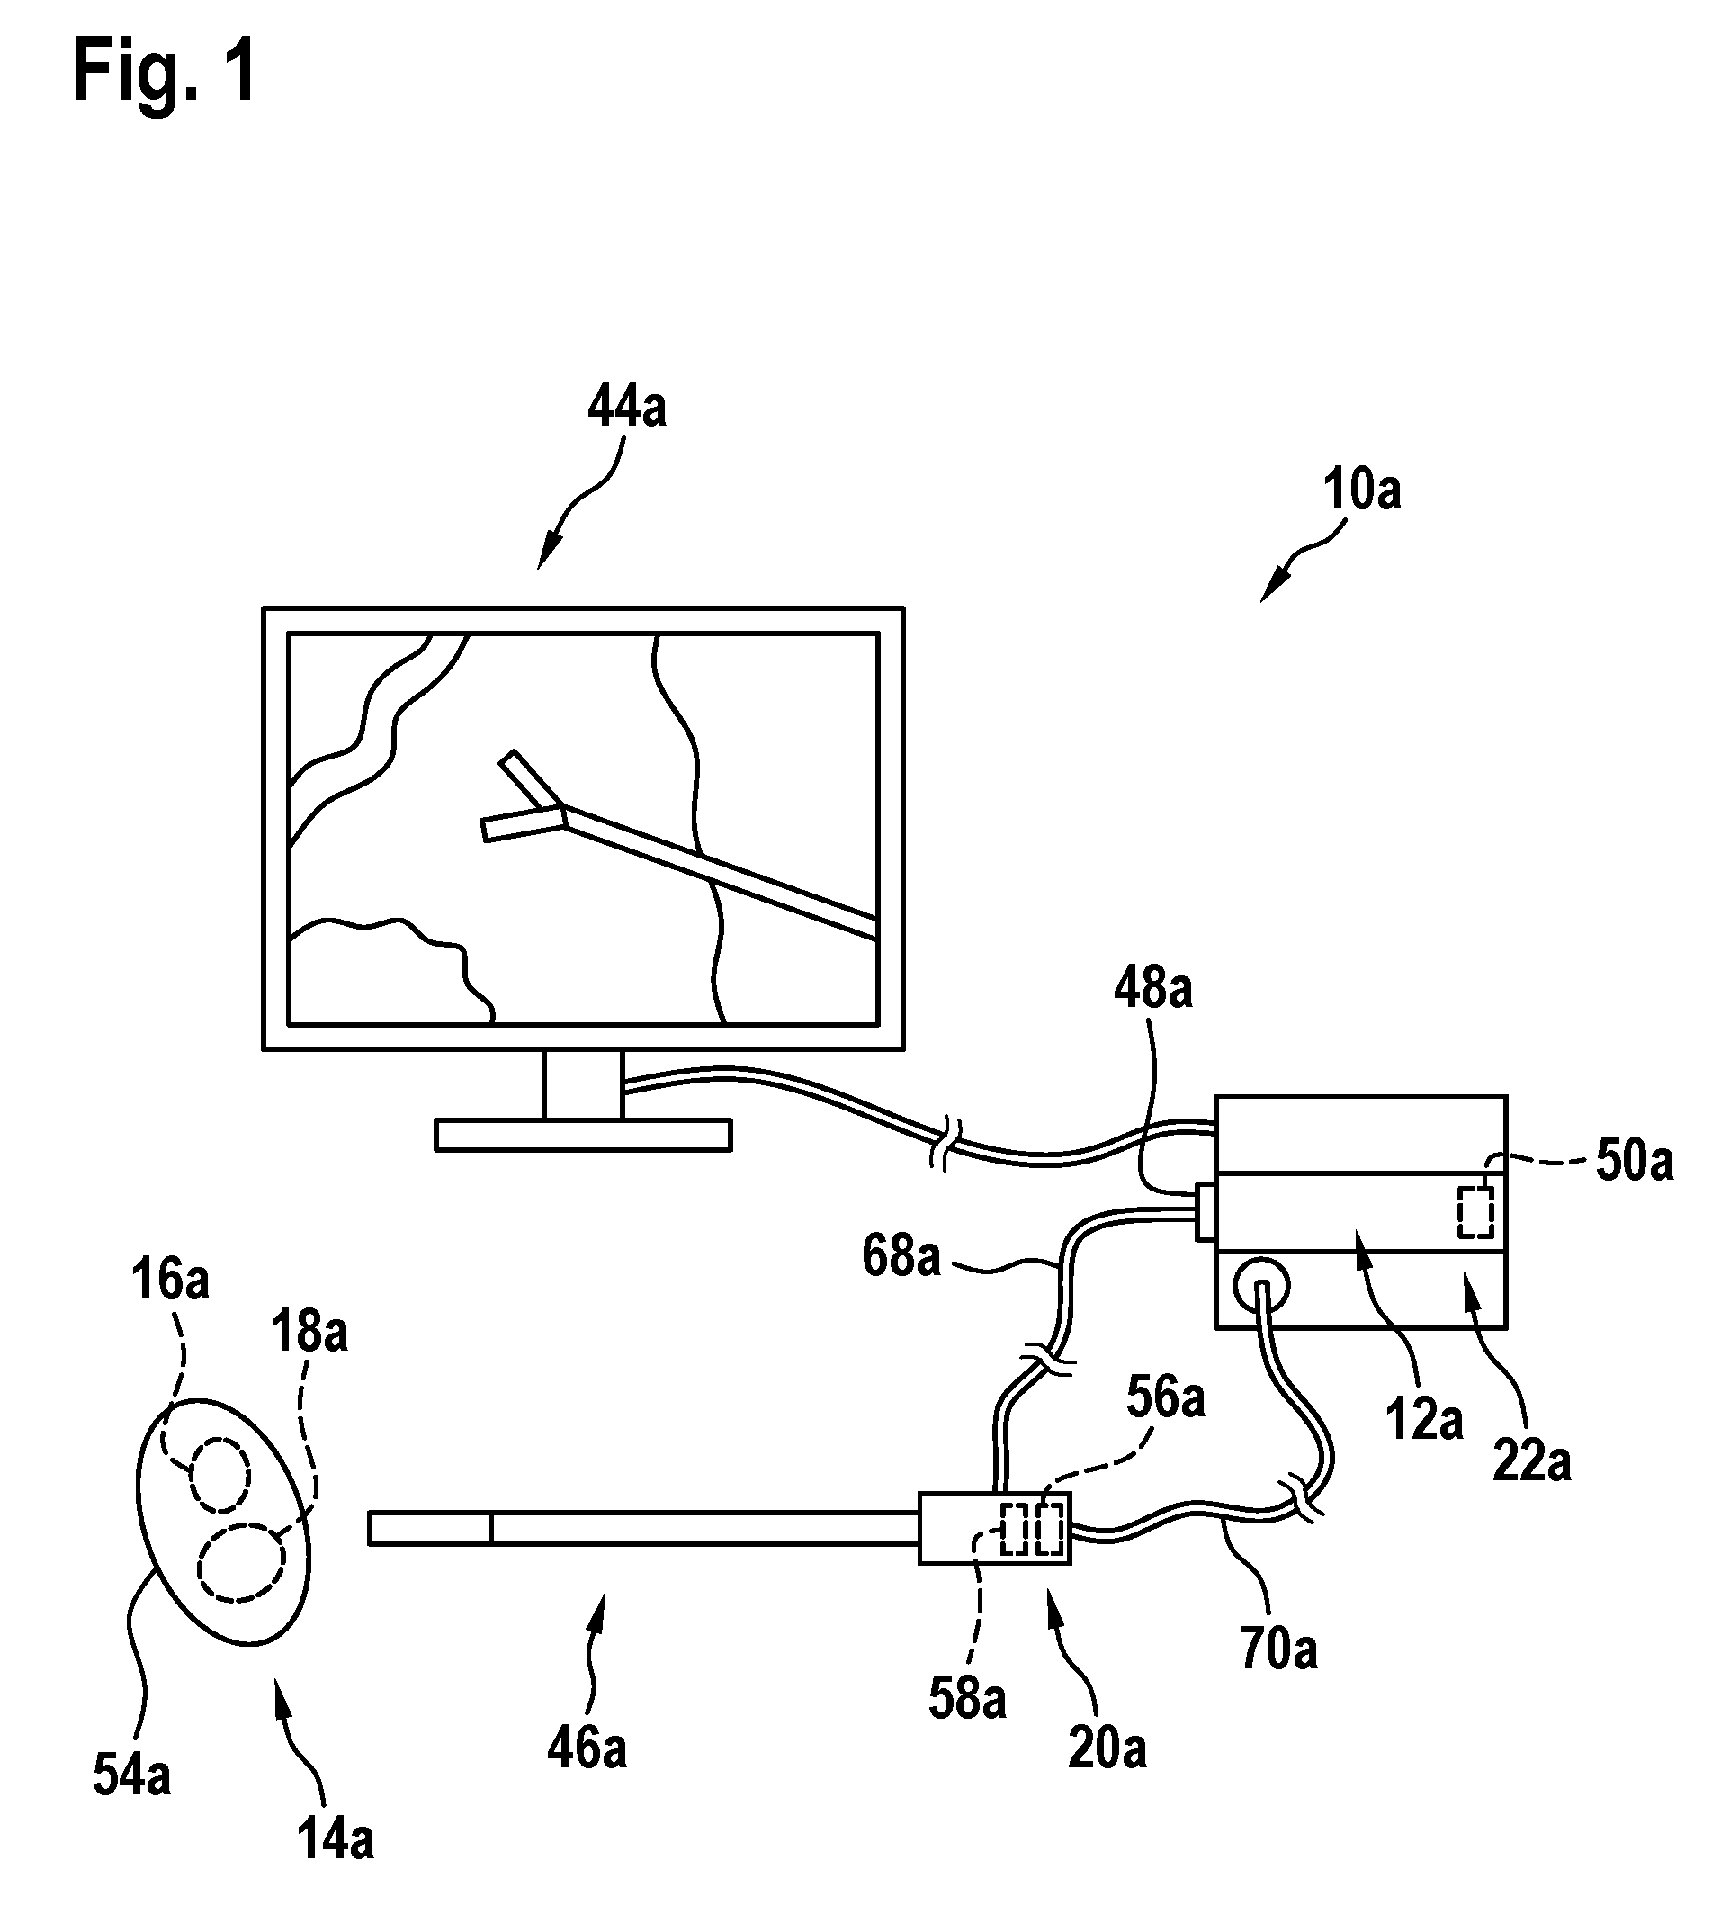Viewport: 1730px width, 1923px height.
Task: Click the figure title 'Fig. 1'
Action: pyautogui.click(x=166, y=73)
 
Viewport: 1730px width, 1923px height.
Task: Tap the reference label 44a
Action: pyautogui.click(x=627, y=408)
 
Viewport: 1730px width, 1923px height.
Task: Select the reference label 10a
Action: pyautogui.click(x=1362, y=490)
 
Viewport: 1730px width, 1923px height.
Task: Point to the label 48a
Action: pyautogui.click(x=1153, y=990)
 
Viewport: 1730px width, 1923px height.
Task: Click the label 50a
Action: pyautogui.click(x=1635, y=1162)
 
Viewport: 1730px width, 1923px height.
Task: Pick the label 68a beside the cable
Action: pyautogui.click(x=901, y=1255)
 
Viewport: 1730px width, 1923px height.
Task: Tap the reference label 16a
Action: pyautogui.click(x=170, y=1280)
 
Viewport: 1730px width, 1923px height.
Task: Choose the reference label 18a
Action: pyautogui.click(x=309, y=1332)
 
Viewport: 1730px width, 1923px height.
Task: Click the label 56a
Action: pyautogui.click(x=1165, y=1398)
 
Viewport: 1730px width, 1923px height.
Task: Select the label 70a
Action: pyautogui.click(x=1278, y=1649)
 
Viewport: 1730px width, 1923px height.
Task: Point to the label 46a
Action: pyautogui.click(x=587, y=1749)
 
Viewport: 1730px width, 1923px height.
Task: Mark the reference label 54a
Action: pyautogui.click(x=132, y=1775)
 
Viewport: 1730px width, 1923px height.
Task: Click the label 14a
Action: pyautogui.click(x=336, y=1838)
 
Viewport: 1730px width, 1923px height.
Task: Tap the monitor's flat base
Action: pyautogui.click(x=584, y=1135)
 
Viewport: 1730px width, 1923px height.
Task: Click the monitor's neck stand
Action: pyautogui.click(x=583, y=1084)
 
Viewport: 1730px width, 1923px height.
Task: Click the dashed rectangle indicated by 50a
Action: pyautogui.click(x=1476, y=1212)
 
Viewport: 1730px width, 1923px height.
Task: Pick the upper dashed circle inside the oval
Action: pyautogui.click(x=220, y=1475)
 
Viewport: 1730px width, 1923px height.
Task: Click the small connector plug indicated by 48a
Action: pyautogui.click(x=1206, y=1211)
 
